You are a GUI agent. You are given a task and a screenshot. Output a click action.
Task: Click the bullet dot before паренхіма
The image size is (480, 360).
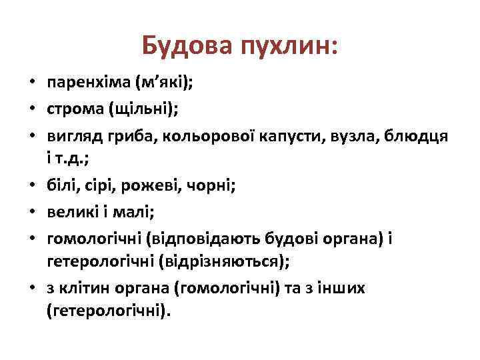pyautogui.click(x=31, y=83)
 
